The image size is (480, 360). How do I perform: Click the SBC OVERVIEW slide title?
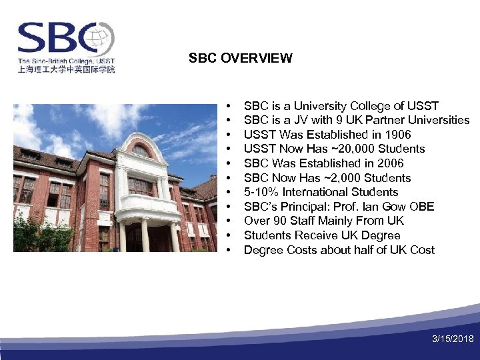(240, 58)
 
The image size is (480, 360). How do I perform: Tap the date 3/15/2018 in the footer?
(453, 339)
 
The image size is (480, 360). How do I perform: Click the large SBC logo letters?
(57, 39)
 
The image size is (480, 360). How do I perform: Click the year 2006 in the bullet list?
(390, 163)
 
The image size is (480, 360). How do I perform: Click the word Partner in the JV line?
(378, 120)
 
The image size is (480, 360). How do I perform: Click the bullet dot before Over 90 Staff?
(229, 221)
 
